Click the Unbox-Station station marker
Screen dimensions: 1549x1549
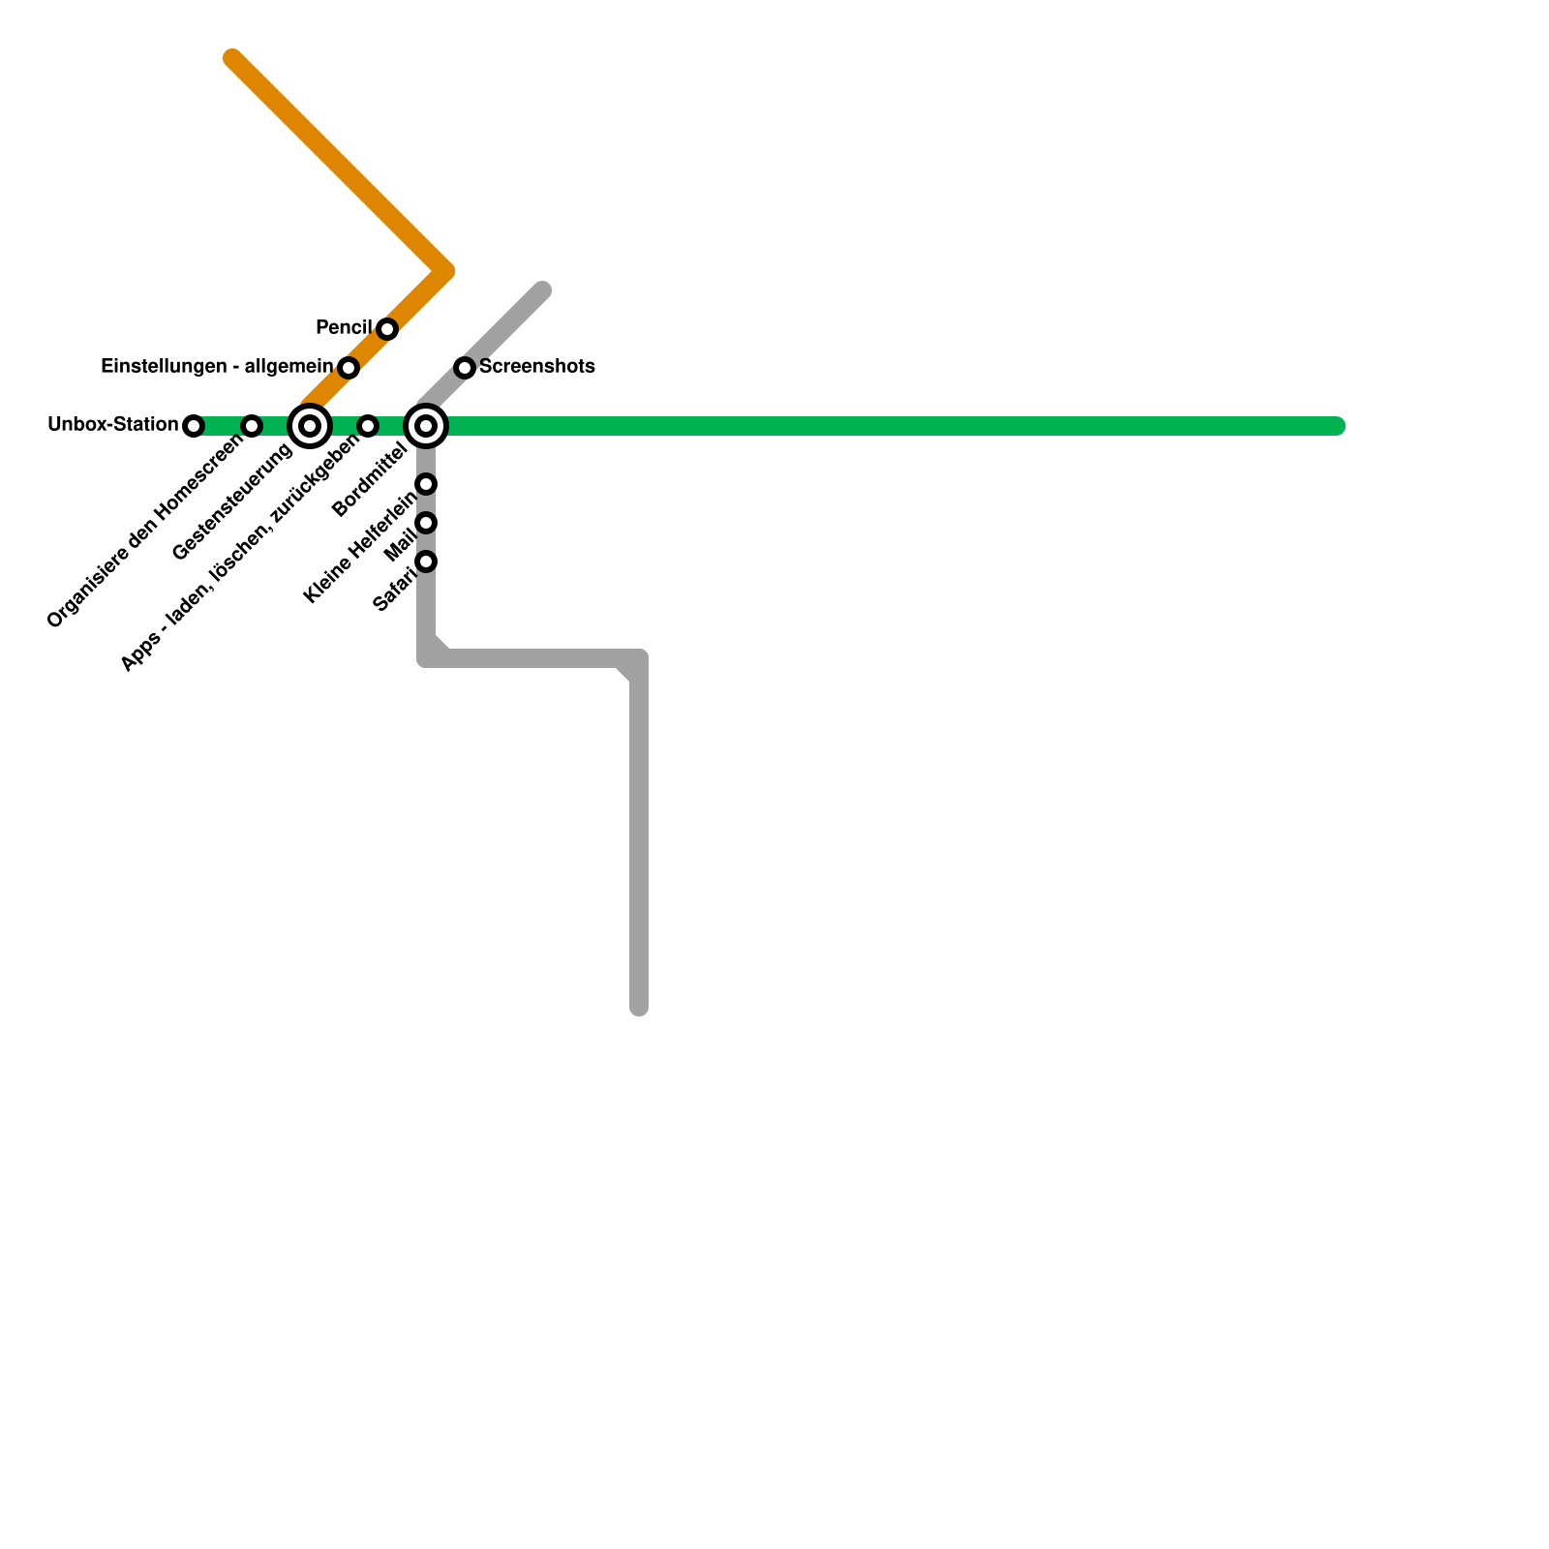[x=194, y=426]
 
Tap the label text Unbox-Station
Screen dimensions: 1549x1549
[x=113, y=425]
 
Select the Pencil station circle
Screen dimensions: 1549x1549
[x=387, y=329]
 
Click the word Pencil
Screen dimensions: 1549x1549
[x=344, y=328]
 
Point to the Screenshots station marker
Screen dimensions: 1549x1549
[x=465, y=368]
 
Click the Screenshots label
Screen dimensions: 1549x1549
[x=536, y=367]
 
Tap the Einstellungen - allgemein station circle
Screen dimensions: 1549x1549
[x=349, y=368]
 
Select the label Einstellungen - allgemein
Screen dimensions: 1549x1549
[x=217, y=367]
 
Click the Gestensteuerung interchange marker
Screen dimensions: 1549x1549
[x=310, y=426]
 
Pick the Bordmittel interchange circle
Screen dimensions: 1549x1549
[x=426, y=426]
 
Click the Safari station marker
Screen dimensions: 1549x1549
[x=426, y=562]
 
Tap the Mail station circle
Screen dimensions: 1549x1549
[x=426, y=523]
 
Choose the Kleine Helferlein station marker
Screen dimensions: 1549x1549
[x=426, y=484]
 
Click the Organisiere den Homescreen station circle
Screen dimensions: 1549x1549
[x=252, y=426]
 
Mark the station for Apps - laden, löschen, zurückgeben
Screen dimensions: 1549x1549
[x=368, y=426]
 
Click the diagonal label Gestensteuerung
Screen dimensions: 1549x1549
[x=232, y=503]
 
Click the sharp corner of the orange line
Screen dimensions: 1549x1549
[x=446, y=272]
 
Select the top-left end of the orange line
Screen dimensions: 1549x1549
[x=232, y=58]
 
